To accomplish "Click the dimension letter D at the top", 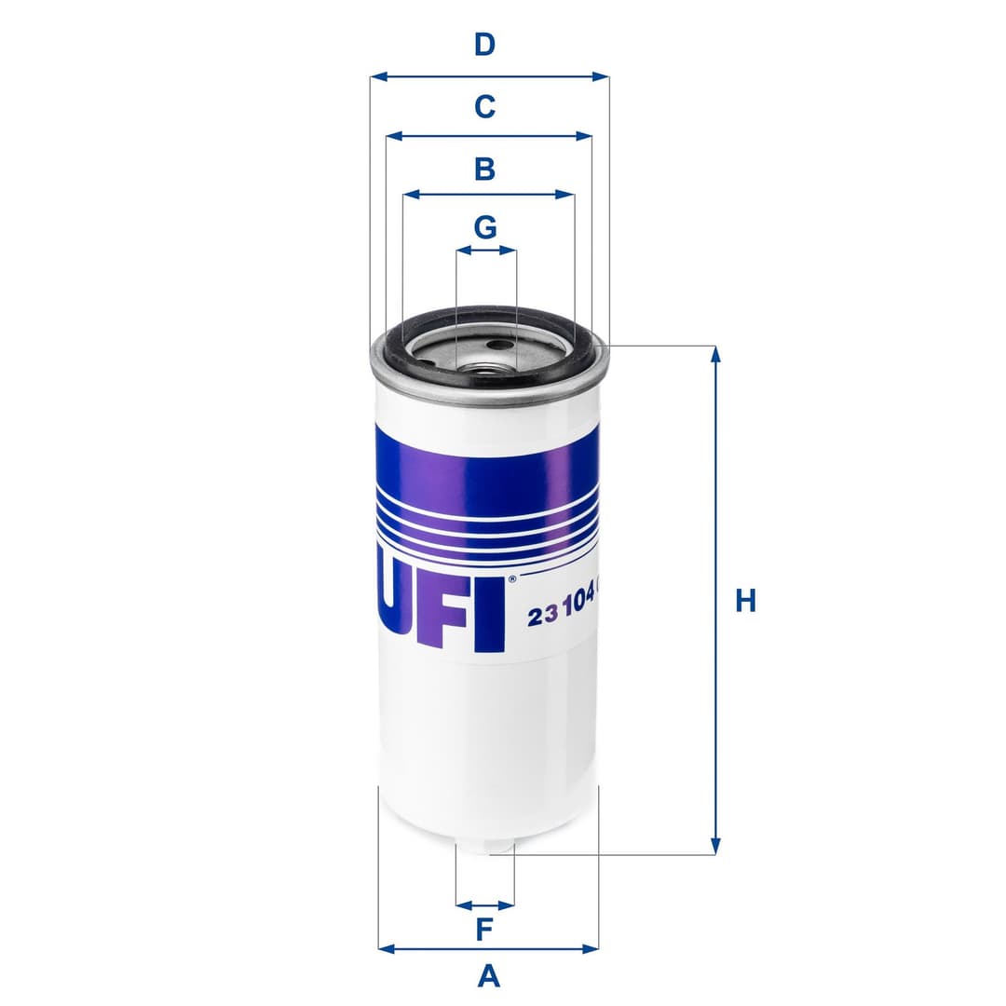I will (x=484, y=44).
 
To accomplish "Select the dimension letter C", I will (x=484, y=107).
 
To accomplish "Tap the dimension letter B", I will (x=484, y=169).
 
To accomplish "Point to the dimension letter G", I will (x=485, y=226).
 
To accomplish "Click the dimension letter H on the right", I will (x=745, y=601).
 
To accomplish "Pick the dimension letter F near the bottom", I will (x=484, y=929).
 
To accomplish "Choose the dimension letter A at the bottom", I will (x=488, y=976).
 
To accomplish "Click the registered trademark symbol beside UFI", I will (x=510, y=579).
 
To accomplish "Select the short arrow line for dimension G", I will (x=485, y=251).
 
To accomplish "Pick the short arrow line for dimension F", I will (x=484, y=904).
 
